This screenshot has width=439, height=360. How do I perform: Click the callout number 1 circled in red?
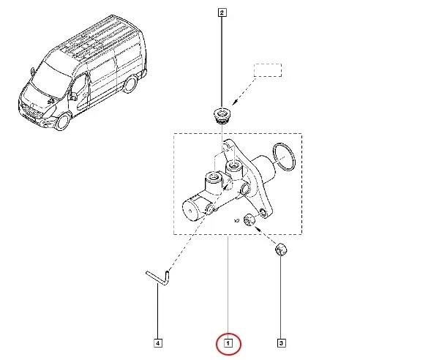click(x=228, y=342)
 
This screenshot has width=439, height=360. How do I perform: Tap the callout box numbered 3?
click(x=280, y=342)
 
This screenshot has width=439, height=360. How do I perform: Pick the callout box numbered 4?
click(x=158, y=342)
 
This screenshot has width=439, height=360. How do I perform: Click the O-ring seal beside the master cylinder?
click(x=282, y=154)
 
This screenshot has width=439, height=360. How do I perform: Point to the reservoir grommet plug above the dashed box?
click(x=220, y=114)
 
